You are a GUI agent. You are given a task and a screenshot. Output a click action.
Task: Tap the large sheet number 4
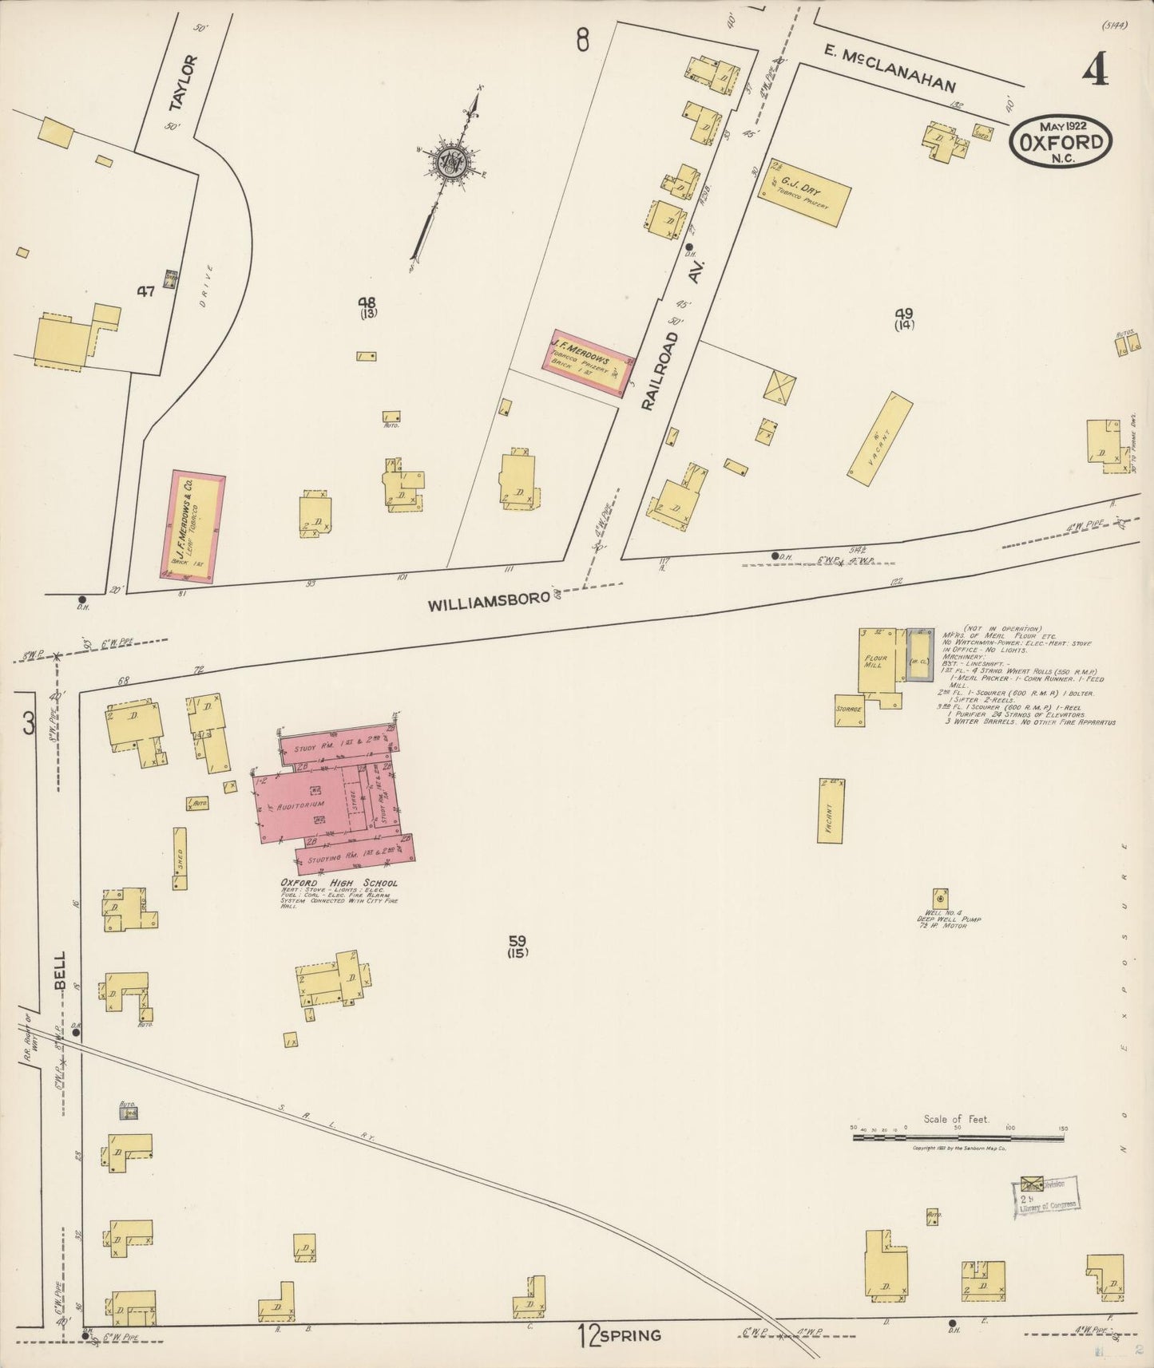[x=1096, y=71]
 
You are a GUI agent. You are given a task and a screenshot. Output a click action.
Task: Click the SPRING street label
[x=630, y=1334]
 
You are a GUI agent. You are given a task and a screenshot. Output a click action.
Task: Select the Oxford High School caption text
[x=339, y=884]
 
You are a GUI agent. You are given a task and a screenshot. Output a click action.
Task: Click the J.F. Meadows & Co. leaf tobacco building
[x=192, y=526]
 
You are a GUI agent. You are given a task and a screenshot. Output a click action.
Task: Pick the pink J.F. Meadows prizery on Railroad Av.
[x=589, y=363]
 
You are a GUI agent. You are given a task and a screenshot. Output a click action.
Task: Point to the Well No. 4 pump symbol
[x=941, y=897]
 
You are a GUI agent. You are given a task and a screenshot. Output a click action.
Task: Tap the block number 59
[x=517, y=941]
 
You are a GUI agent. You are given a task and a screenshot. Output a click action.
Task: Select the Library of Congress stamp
[x=1045, y=1196]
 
